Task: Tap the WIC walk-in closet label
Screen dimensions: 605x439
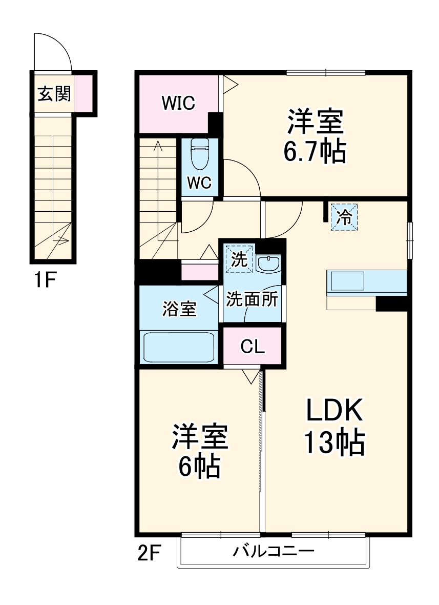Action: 178,103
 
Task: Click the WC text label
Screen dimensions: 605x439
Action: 199,183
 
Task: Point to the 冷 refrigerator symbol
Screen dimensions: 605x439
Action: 344,217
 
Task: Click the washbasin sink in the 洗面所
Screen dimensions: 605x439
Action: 268,264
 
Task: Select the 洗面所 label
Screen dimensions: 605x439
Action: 252,299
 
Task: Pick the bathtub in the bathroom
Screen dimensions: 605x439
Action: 179,347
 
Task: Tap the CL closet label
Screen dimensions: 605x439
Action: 253,347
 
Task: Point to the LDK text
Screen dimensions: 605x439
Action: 335,410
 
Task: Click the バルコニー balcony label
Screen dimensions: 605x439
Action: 274,552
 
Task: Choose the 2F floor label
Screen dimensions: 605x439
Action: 149,554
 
